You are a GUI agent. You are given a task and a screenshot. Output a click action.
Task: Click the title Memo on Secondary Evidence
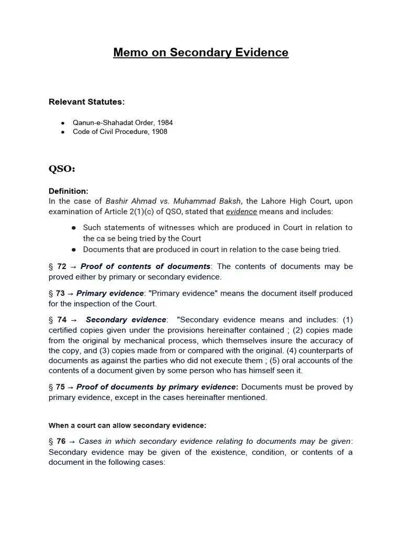tap(200, 53)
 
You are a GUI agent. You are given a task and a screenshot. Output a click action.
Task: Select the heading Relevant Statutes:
tap(87, 102)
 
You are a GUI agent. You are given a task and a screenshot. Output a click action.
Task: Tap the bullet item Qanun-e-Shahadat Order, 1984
tap(122, 122)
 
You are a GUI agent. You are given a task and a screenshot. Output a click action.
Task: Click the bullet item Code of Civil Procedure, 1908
tap(120, 131)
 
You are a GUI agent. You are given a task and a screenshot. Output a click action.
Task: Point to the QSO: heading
tap(62, 169)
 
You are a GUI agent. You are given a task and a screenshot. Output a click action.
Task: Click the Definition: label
tap(69, 191)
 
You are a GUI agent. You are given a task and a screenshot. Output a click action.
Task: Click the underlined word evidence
tap(241, 211)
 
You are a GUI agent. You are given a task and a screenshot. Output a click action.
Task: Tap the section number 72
tap(61, 266)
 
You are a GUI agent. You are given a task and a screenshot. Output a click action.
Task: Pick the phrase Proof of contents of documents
tap(146, 266)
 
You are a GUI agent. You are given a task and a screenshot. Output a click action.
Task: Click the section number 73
tap(60, 293)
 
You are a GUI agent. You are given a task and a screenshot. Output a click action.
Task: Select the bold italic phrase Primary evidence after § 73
tap(110, 293)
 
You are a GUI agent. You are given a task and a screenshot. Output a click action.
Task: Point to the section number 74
tap(62, 320)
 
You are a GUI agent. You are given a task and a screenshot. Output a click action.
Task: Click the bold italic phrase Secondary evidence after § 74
tap(126, 320)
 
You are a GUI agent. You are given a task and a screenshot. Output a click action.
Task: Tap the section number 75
tap(60, 387)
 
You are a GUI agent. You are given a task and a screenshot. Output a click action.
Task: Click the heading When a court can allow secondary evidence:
tap(127, 425)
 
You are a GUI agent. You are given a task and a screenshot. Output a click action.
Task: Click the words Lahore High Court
tap(297, 202)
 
